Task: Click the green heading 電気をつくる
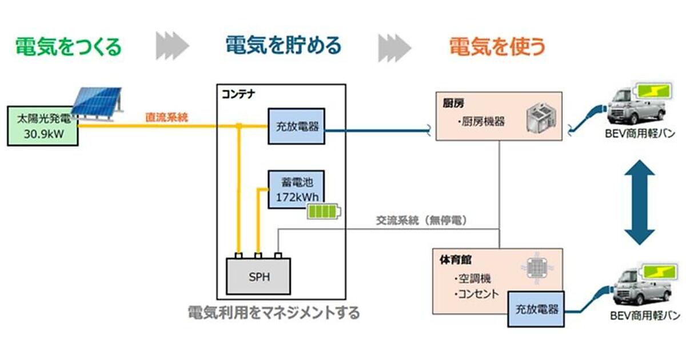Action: (68, 46)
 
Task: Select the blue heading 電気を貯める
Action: (284, 45)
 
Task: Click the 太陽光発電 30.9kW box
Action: (43, 126)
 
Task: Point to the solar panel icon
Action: (99, 103)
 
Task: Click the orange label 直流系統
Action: (166, 118)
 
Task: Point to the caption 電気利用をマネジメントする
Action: (274, 313)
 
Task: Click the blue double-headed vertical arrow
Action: (639, 202)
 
